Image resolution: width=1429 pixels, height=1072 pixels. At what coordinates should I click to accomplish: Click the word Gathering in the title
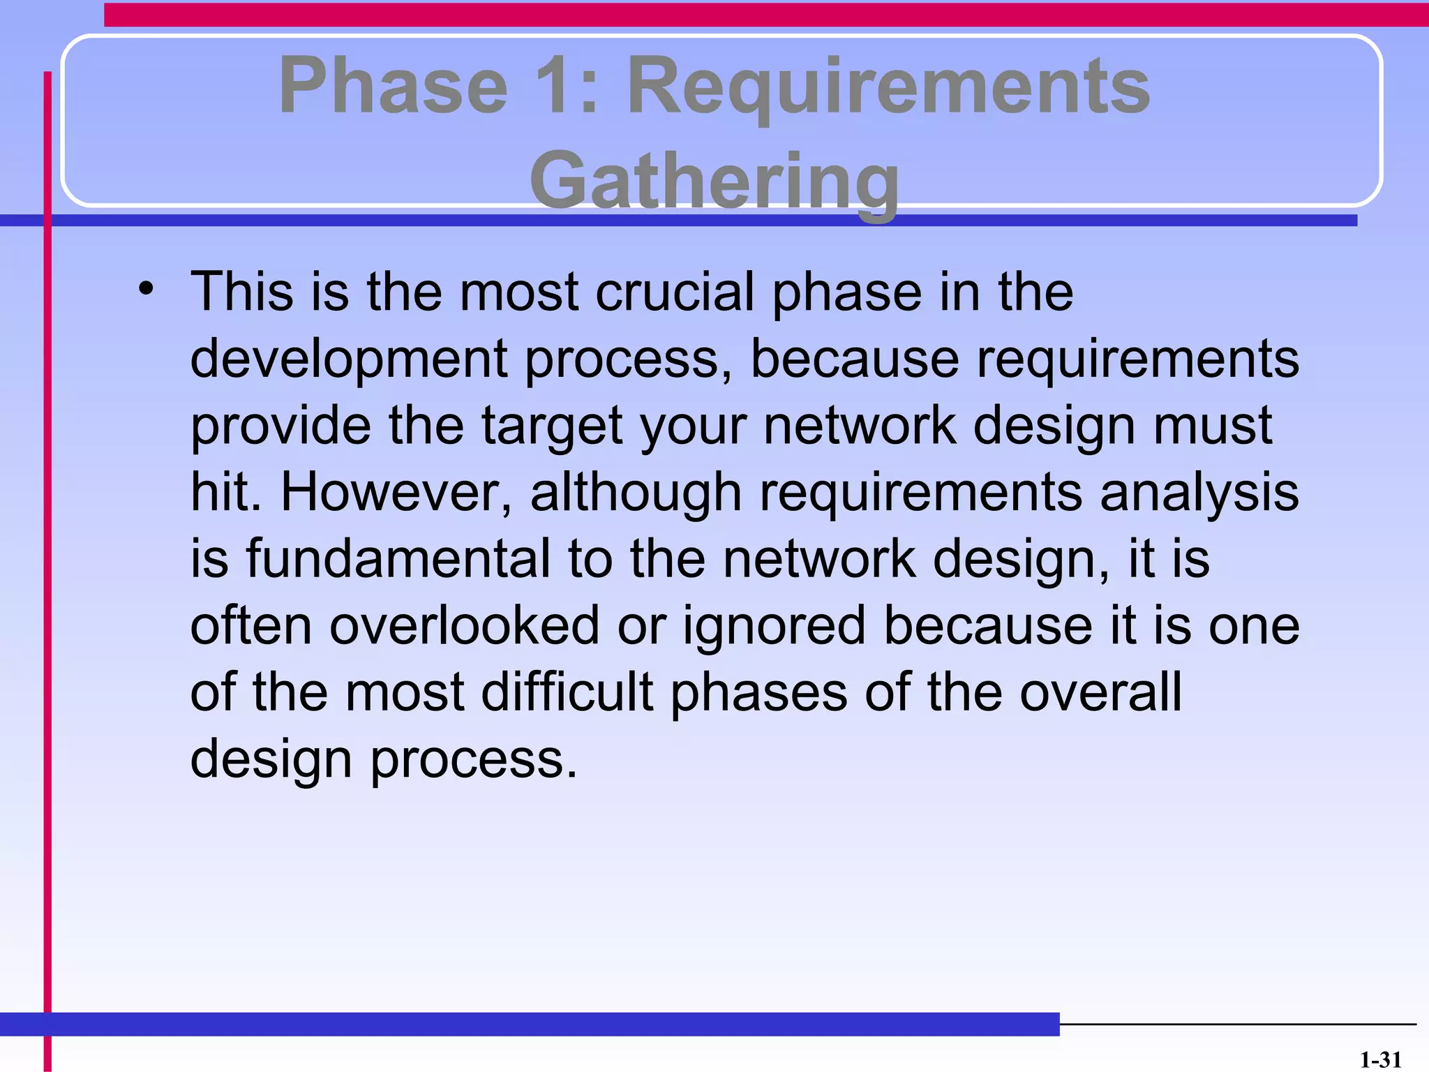714,180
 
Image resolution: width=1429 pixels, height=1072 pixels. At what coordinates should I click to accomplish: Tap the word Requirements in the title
888,87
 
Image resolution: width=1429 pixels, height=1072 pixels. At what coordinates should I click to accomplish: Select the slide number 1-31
1380,1060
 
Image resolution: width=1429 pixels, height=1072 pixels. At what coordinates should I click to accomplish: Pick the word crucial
675,292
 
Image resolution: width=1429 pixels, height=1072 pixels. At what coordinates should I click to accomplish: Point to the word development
348,359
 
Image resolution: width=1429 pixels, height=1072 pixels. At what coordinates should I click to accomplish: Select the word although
636,492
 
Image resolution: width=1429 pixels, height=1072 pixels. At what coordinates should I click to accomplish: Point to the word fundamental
398,558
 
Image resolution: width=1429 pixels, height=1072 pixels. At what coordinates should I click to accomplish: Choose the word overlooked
464,625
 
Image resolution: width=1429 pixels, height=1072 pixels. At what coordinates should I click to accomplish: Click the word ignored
774,625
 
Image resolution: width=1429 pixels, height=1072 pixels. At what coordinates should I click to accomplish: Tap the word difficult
567,692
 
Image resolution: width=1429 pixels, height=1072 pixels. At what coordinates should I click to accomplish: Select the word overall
1101,692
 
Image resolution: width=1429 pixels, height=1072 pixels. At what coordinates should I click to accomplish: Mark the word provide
280,426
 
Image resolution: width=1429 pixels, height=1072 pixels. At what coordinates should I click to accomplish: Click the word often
250,625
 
